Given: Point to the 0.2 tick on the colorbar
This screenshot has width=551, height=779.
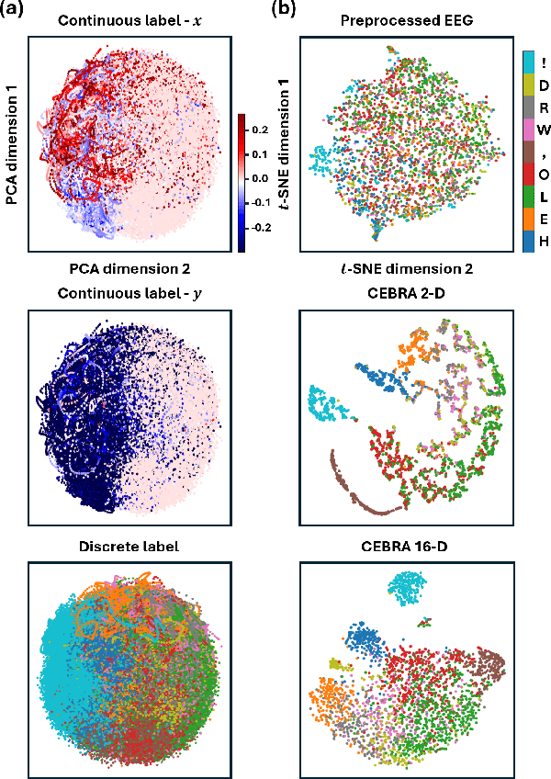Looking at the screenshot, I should coord(262,130).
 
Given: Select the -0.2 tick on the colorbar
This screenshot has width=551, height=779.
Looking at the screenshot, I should coord(264,226).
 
